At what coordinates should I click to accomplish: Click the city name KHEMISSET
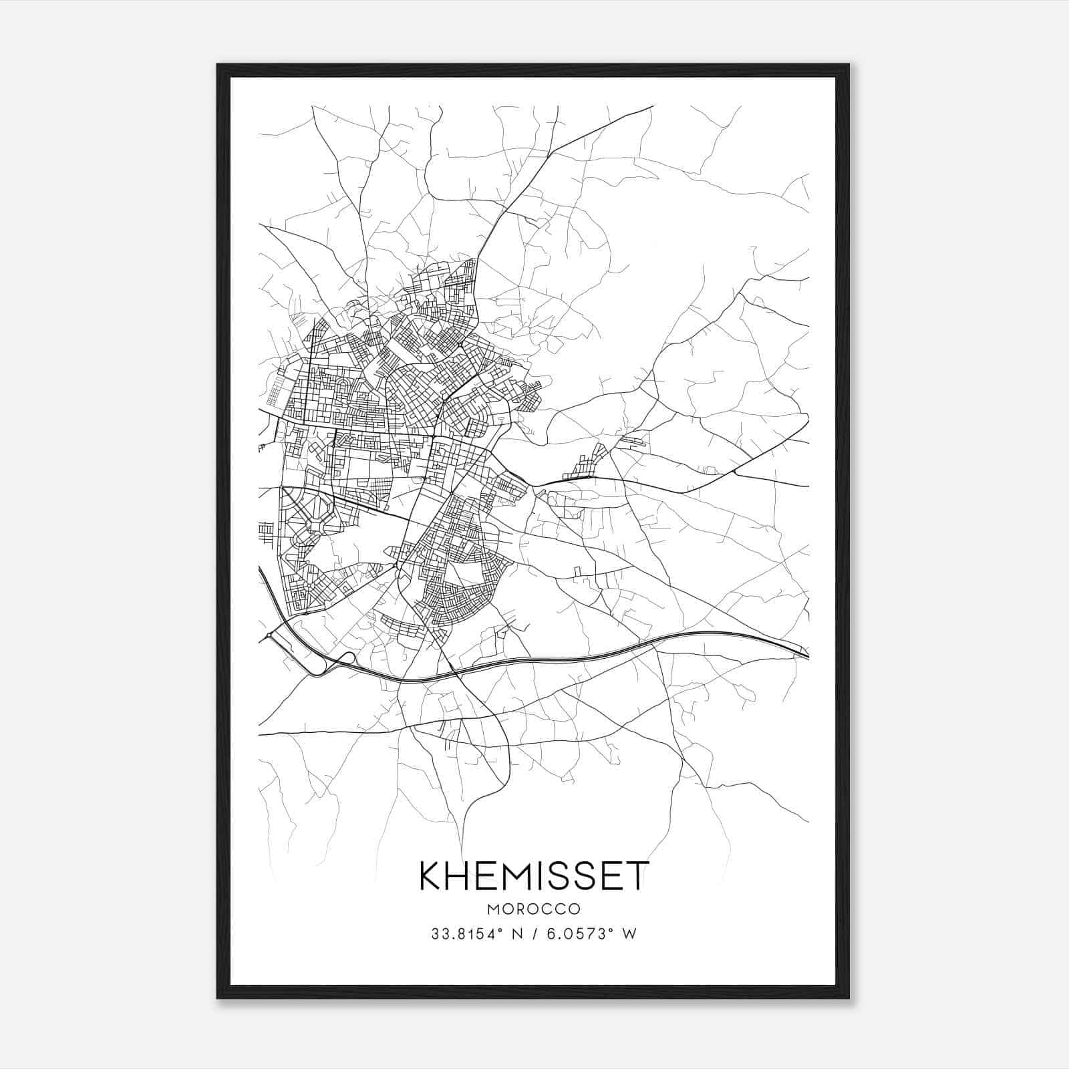pyautogui.click(x=534, y=876)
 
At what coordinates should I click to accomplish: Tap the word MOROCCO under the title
pyautogui.click(x=534, y=909)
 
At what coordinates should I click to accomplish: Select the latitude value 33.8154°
pyautogui.click(x=467, y=934)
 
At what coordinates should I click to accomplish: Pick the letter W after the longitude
pyautogui.click(x=629, y=934)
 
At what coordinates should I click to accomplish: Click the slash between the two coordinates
pyautogui.click(x=534, y=934)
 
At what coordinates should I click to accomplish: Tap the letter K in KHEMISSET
pyautogui.click(x=430, y=876)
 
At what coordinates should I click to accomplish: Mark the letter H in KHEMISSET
pyautogui.click(x=457, y=876)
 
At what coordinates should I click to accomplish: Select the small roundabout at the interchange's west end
pyautogui.click(x=269, y=635)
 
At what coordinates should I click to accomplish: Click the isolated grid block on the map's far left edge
pyautogui.click(x=265, y=532)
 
